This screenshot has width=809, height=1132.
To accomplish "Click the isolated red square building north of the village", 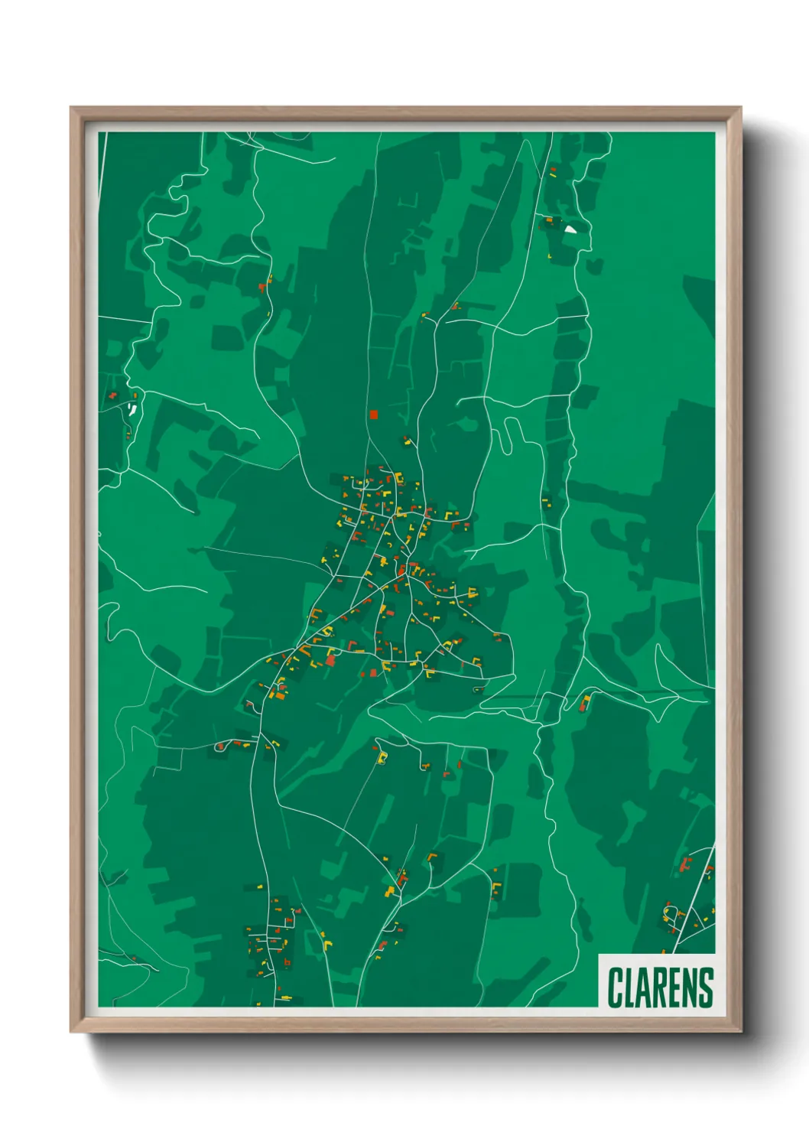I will [x=373, y=415].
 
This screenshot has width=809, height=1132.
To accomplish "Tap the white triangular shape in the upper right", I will [x=570, y=229].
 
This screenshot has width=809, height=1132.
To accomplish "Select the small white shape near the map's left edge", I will [x=132, y=409].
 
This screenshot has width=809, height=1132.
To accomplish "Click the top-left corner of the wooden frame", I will [x=72, y=109].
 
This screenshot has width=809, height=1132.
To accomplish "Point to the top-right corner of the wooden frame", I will [x=740, y=109].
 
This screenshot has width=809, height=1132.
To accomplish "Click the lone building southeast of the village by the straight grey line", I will [x=585, y=701].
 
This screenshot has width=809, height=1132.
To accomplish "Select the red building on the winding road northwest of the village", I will [x=262, y=288].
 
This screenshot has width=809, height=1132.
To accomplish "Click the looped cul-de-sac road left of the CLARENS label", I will [x=671, y=913].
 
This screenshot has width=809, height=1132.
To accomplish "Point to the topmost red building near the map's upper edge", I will [x=553, y=170].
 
